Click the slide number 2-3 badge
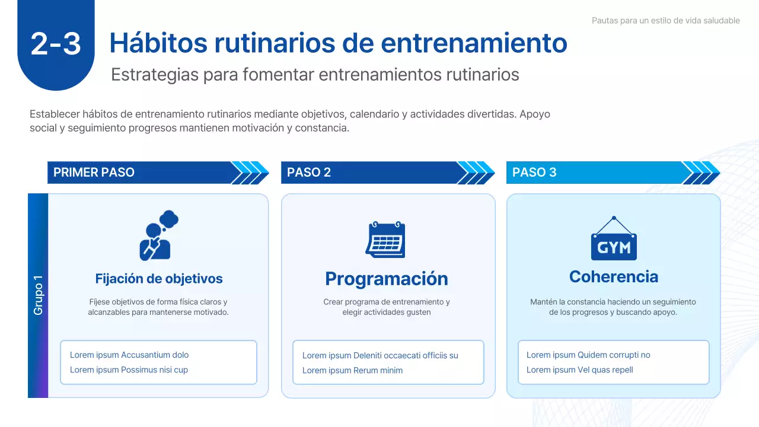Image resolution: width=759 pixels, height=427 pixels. click(x=56, y=44)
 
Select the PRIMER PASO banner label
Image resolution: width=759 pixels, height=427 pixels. click(x=94, y=173)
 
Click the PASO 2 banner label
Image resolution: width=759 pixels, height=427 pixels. click(x=309, y=173)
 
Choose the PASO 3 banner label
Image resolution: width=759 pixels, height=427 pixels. click(x=534, y=173)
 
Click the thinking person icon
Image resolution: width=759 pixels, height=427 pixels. click(x=158, y=235)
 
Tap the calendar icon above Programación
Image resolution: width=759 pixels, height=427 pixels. click(x=385, y=240)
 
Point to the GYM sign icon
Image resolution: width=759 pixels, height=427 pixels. click(x=614, y=240)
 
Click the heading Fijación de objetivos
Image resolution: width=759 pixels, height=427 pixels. click(x=159, y=279)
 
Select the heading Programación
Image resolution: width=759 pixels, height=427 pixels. click(x=387, y=279)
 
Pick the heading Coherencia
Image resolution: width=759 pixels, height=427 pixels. click(x=614, y=277)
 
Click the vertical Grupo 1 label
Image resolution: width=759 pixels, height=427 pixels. click(x=38, y=295)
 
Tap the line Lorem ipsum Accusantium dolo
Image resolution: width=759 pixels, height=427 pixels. click(x=129, y=355)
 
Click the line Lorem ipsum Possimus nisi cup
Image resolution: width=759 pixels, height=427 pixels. click(x=129, y=370)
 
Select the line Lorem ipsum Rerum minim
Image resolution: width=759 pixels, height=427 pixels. click(x=352, y=371)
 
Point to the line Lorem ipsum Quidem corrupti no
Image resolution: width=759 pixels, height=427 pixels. click(x=588, y=355)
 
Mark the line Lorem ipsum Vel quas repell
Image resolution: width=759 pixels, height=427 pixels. click(x=580, y=370)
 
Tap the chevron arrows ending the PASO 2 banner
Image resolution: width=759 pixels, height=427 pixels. click(x=476, y=173)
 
